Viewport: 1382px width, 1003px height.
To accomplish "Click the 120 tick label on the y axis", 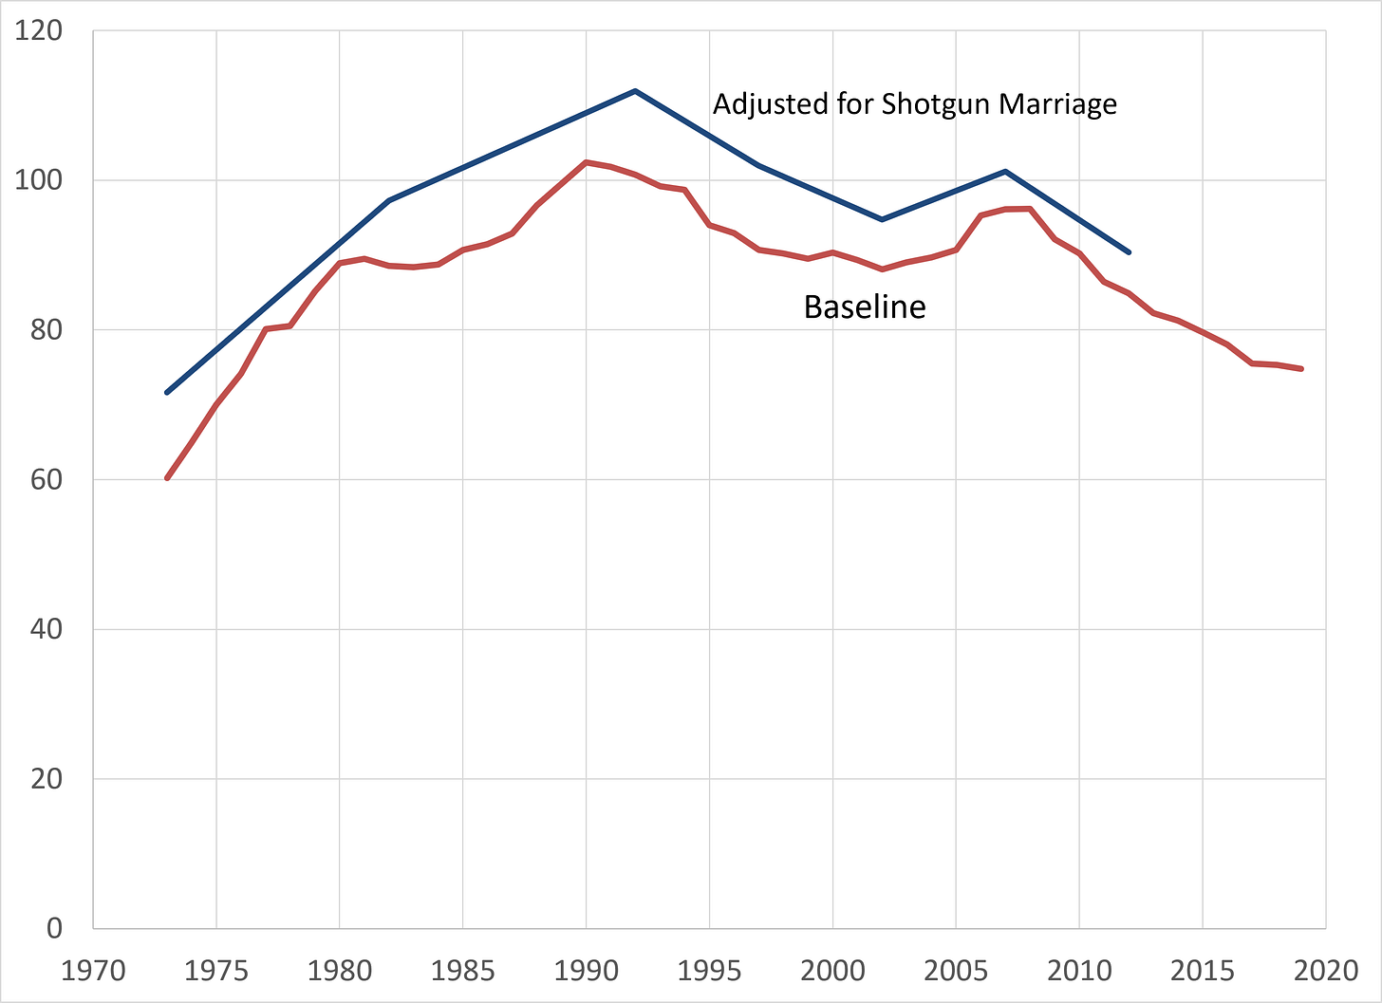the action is pos(38,30).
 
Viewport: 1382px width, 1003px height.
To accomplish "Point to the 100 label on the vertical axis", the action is pos(38,180).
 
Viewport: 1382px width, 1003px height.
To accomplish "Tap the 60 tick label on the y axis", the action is pos(47,479).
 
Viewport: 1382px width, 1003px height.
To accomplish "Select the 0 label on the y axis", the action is pos(54,928).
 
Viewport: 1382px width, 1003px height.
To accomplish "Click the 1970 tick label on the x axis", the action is pos(93,971).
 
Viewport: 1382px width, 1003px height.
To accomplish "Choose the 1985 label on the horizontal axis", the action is pos(463,971).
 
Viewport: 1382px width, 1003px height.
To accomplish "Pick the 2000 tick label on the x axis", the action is pos(833,971).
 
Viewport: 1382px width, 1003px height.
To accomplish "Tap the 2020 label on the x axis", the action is pos(1326,971).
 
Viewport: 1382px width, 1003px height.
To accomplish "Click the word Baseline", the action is pos(865,306).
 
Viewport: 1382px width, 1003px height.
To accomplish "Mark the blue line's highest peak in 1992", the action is pos(635,91).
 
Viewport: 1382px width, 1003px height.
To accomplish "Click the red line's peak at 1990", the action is pos(586,162).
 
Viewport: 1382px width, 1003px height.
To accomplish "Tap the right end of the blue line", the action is pos(1129,252).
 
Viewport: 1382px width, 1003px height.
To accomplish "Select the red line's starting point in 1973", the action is pos(167,478).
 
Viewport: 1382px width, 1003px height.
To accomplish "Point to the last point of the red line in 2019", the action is pos(1301,369).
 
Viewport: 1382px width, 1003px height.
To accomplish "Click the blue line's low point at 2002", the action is pos(882,219).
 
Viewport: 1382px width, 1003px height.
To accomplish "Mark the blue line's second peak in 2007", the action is pos(1005,171).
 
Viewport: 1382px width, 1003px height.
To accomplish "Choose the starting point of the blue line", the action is pos(167,392).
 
